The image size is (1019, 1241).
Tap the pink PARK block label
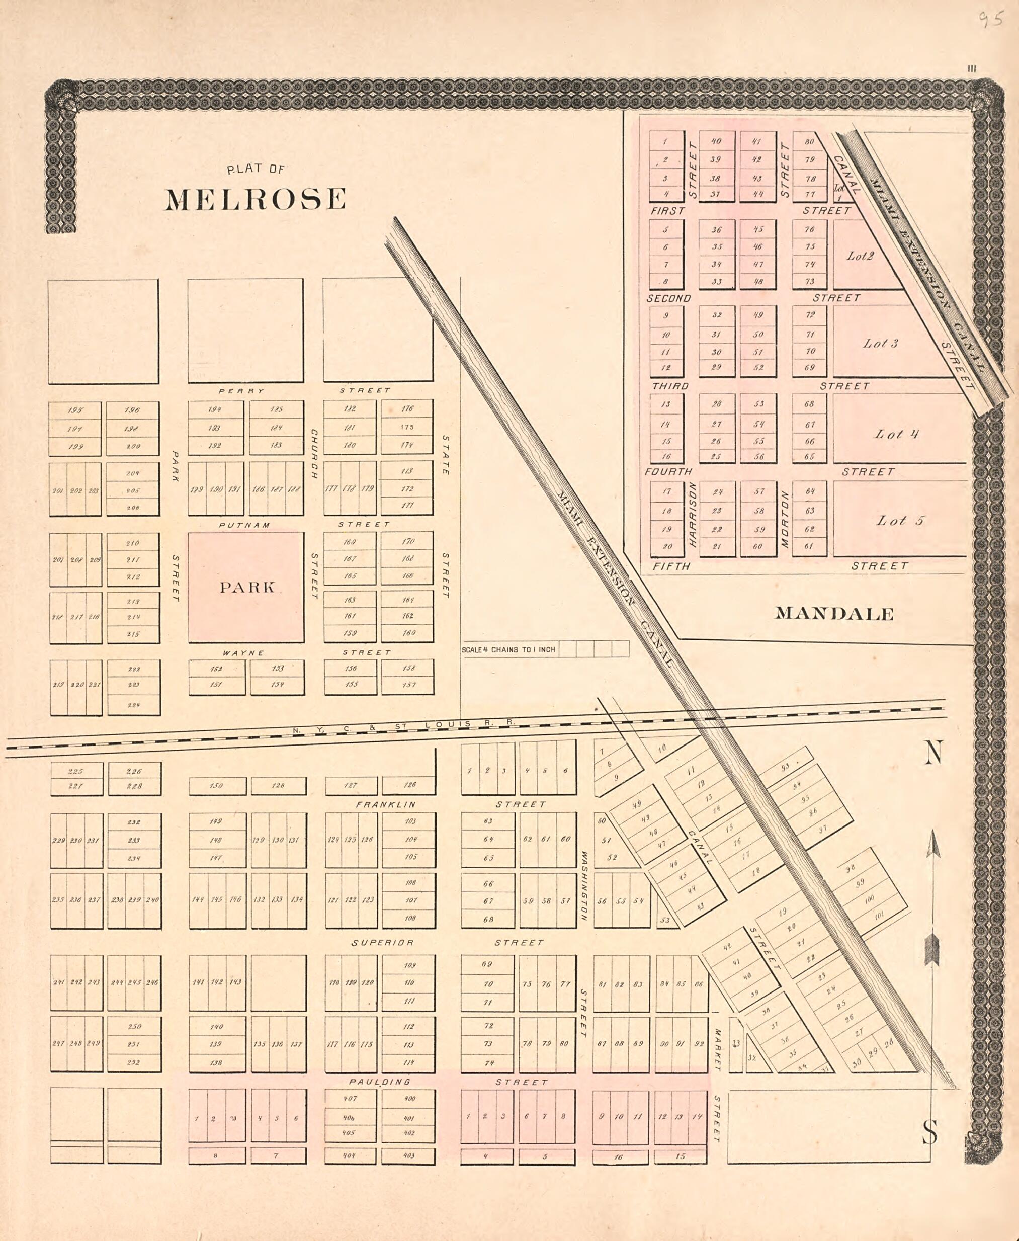247,587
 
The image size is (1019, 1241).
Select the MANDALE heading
834,614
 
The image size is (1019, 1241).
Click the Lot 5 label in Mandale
900,521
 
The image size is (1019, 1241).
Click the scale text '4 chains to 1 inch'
508,649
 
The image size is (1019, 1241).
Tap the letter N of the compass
933,753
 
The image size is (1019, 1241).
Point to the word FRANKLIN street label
386,804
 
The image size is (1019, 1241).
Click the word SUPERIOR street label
382,942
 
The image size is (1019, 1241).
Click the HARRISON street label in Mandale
692,515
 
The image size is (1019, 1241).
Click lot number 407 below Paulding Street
351,1098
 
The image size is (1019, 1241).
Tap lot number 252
134,1062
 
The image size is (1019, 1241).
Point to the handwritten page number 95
991,20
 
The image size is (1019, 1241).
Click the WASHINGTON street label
584,886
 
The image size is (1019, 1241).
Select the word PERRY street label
241,391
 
